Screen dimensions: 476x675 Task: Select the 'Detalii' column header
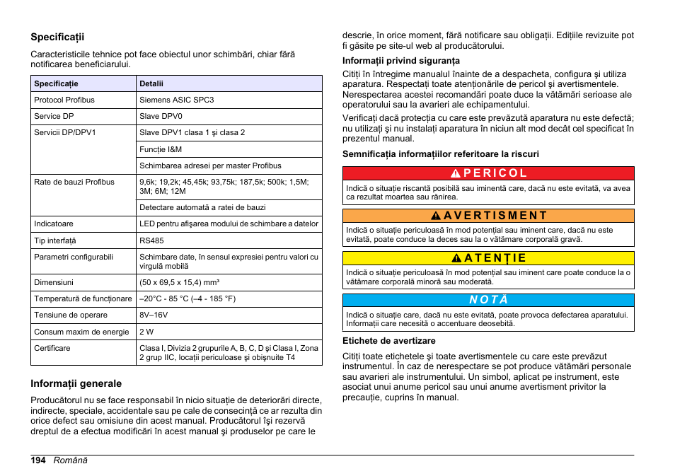[151, 83]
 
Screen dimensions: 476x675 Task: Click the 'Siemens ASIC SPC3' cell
[176, 100]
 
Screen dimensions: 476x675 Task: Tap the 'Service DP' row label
[54, 116]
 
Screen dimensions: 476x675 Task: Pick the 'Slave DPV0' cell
[161, 116]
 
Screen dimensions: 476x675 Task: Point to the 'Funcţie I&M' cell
[161, 149]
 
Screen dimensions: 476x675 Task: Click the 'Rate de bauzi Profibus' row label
[74, 182]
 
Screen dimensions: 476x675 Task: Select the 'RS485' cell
[151, 240]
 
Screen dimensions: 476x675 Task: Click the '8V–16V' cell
[154, 315]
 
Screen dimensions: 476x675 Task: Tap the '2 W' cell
[146, 332]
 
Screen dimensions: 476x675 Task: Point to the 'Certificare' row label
[52, 348]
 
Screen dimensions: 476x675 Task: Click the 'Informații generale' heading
[76, 383]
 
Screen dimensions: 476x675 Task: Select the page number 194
[38, 460]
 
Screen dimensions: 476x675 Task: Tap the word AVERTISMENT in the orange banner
[496, 216]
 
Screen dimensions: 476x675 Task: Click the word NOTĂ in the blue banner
[488, 300]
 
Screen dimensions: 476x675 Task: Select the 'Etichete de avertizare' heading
[389, 341]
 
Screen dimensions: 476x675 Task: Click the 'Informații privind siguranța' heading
[401, 61]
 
